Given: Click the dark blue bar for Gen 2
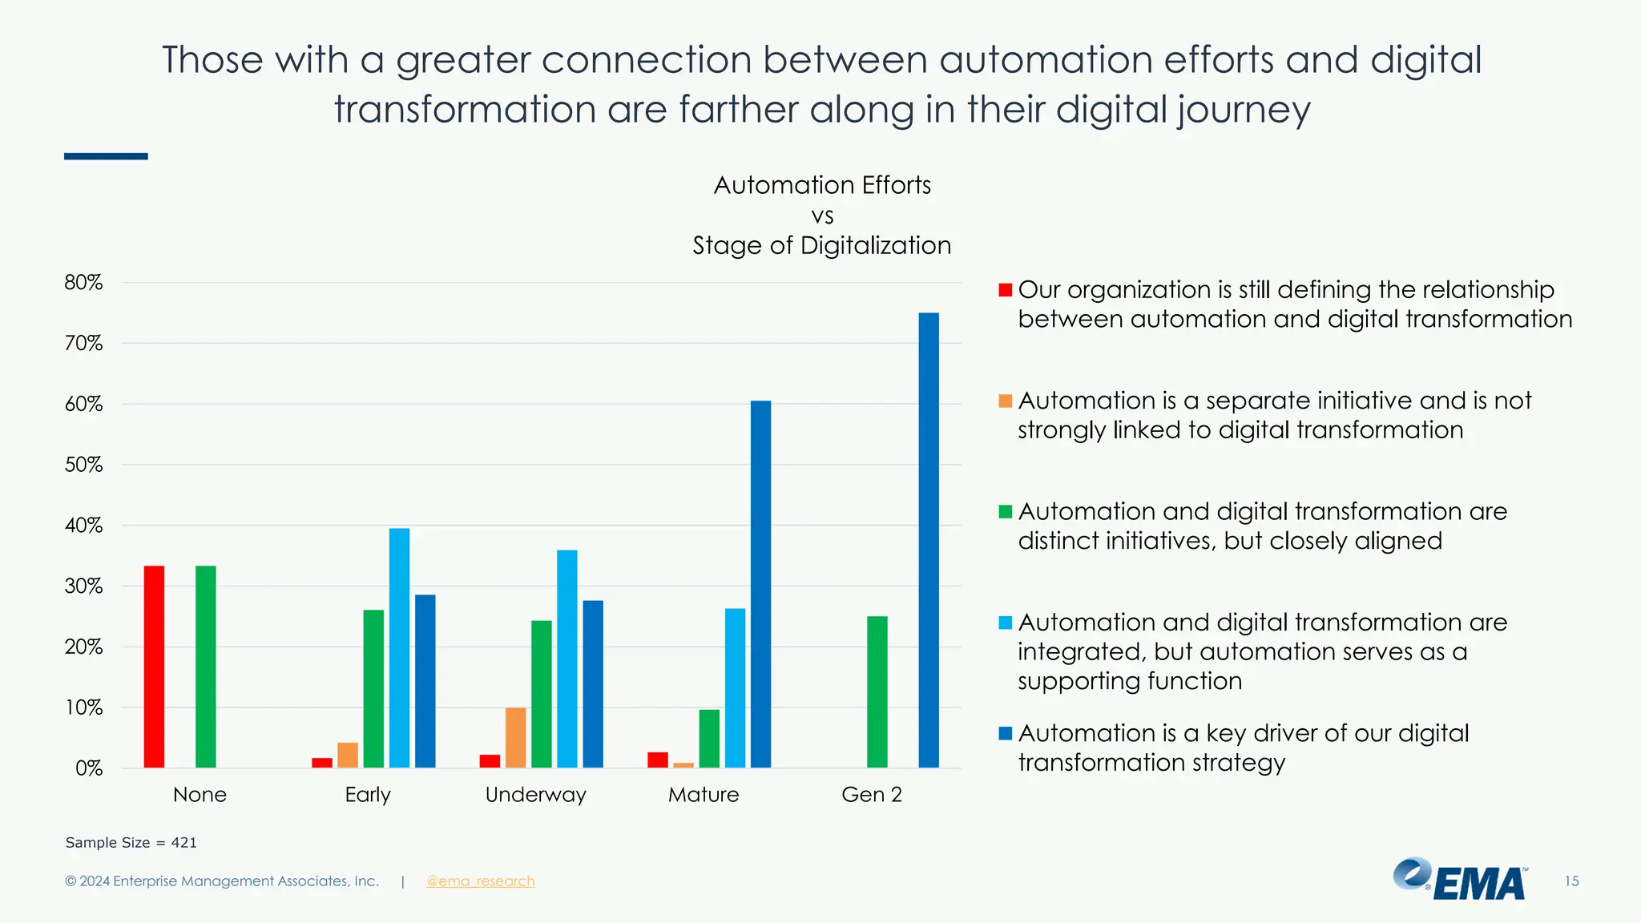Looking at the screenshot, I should pyautogui.click(x=928, y=541).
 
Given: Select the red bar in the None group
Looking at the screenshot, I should pyautogui.click(x=154, y=667).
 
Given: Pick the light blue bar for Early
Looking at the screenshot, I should pyautogui.click(x=399, y=647).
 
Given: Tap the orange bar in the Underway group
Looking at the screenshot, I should pyautogui.click(x=515, y=737).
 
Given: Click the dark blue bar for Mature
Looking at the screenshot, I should pyautogui.click(x=760, y=584).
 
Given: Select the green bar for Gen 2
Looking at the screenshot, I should pyautogui.click(x=877, y=691).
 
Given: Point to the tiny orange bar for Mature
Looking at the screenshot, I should pyautogui.click(x=683, y=765).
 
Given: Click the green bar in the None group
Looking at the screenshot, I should pyautogui.click(x=205, y=667).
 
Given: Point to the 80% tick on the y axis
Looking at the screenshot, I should pyautogui.click(x=83, y=283).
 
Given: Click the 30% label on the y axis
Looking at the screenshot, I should pyautogui.click(x=83, y=586).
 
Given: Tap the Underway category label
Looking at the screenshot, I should pyautogui.click(x=535, y=795).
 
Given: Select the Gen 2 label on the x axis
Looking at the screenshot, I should pyautogui.click(x=871, y=795).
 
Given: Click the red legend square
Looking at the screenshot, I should pyautogui.click(x=1005, y=290).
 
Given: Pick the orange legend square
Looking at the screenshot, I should pyautogui.click(x=1005, y=401).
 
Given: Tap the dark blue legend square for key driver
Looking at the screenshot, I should pyautogui.click(x=1005, y=733).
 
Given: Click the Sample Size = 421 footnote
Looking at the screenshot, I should pyautogui.click(x=131, y=843).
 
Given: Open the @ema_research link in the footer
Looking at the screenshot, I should pyautogui.click(x=480, y=881).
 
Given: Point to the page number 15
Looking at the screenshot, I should pyautogui.click(x=1571, y=881).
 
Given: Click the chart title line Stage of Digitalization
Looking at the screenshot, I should pyautogui.click(x=821, y=245).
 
